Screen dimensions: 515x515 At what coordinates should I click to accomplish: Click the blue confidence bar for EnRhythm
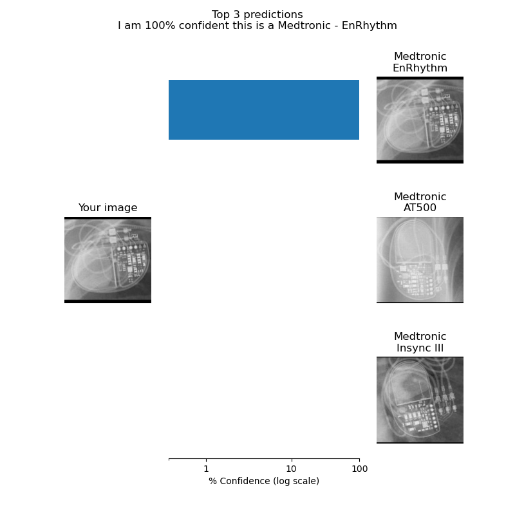pyautogui.click(x=264, y=109)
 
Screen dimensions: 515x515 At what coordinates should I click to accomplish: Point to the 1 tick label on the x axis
pyautogui.click(x=206, y=469)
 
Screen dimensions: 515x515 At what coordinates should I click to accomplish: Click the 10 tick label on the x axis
pyautogui.click(x=292, y=469)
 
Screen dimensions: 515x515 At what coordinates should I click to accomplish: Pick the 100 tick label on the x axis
pyautogui.click(x=359, y=469)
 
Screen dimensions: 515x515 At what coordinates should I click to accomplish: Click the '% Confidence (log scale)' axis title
pyautogui.click(x=264, y=481)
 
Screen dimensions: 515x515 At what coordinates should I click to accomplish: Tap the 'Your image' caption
pyautogui.click(x=108, y=207)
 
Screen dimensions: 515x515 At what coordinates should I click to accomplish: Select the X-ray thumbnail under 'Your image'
pyautogui.click(x=108, y=260)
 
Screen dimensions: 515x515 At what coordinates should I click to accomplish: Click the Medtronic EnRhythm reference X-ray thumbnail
pyautogui.click(x=420, y=120)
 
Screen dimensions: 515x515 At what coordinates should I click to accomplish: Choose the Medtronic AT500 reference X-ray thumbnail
pyautogui.click(x=420, y=260)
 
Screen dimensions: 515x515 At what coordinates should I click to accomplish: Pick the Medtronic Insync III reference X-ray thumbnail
pyautogui.click(x=420, y=400)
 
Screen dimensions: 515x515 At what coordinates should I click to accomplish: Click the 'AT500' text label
pyautogui.click(x=420, y=207)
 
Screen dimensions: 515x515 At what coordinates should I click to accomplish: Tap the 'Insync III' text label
pyautogui.click(x=420, y=348)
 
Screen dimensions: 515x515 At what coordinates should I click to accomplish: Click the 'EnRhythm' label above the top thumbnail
pyautogui.click(x=420, y=68)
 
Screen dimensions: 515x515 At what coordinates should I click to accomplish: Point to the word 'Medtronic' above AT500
pyautogui.click(x=420, y=196)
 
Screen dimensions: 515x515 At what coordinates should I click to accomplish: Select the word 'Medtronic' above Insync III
pyautogui.click(x=420, y=336)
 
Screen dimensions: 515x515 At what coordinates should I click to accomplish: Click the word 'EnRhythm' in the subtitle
pyautogui.click(x=369, y=26)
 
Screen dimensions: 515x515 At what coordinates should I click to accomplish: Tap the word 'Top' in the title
pyautogui.click(x=221, y=15)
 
